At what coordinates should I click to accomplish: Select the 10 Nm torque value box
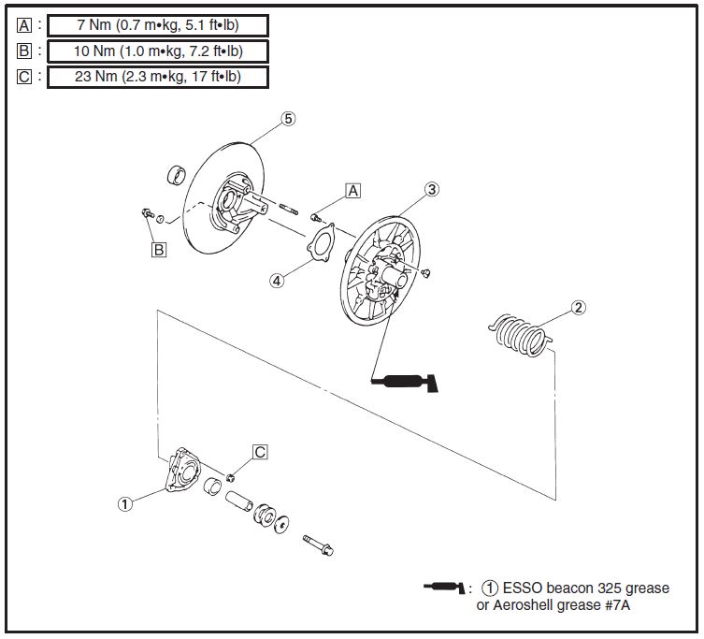click(x=158, y=51)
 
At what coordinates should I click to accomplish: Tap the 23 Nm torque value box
click(x=158, y=77)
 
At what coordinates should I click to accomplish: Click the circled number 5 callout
click(x=288, y=119)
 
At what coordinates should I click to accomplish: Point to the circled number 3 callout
click(x=431, y=189)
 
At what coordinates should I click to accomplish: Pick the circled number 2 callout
click(x=579, y=307)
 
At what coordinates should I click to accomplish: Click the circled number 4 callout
click(x=277, y=280)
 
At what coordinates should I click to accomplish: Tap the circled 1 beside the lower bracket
click(x=124, y=502)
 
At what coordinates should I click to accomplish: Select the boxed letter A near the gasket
click(x=352, y=191)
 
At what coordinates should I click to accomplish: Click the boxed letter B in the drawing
click(x=159, y=250)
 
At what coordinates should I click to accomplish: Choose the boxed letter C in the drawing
click(x=260, y=452)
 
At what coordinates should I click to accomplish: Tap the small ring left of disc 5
click(x=175, y=175)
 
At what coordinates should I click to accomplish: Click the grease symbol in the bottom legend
click(x=445, y=588)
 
